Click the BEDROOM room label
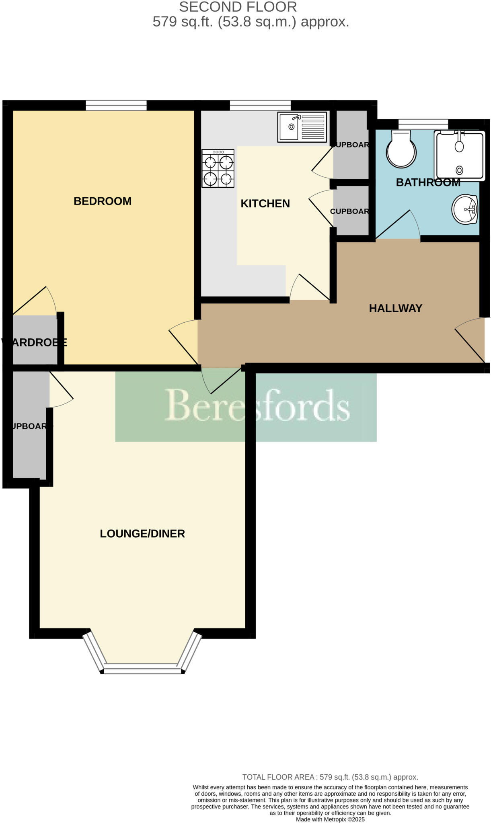pyautogui.click(x=103, y=201)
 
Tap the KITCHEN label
pyautogui.click(x=265, y=204)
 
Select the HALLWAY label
pyautogui.click(x=395, y=308)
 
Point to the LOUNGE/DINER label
pyautogui.click(x=142, y=534)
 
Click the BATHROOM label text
pyautogui.click(x=428, y=182)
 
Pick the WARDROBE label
pyautogui.click(x=34, y=342)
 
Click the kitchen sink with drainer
pyautogui.click(x=302, y=127)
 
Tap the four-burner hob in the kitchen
pyautogui.click(x=218, y=168)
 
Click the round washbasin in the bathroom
pyautogui.click(x=464, y=209)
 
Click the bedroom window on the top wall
pyautogui.click(x=116, y=105)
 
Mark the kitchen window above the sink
pyautogui.click(x=260, y=105)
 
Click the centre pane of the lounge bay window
pyautogui.click(x=142, y=670)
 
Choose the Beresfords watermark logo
pyautogui.click(x=257, y=406)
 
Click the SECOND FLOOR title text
pyautogui.click(x=238, y=7)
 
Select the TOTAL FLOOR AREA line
pyautogui.click(x=330, y=777)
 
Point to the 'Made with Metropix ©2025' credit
pyautogui.click(x=330, y=819)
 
